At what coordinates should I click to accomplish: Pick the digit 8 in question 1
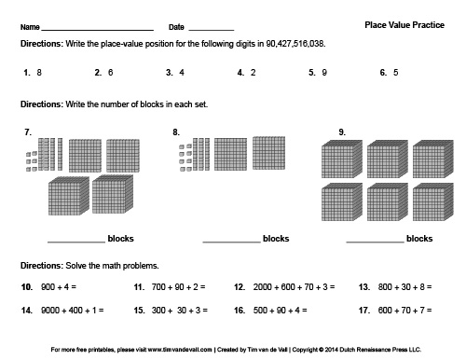tap(39, 72)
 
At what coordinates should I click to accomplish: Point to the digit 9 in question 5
tap(323, 72)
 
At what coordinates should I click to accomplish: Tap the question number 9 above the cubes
tap(342, 132)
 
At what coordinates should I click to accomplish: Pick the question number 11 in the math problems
tap(138, 287)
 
